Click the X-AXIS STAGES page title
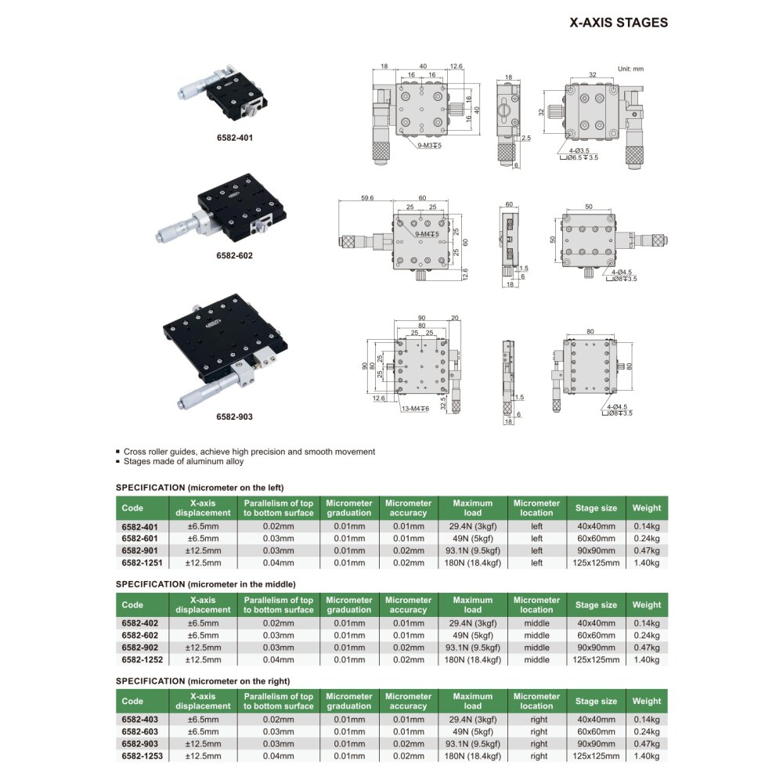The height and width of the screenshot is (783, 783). pyautogui.click(x=619, y=23)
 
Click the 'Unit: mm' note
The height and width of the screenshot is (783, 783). pyautogui.click(x=630, y=69)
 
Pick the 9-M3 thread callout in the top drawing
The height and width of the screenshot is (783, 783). pyautogui.click(x=429, y=146)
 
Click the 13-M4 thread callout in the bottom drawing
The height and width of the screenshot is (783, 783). pyautogui.click(x=416, y=408)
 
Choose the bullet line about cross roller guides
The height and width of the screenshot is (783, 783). pyautogui.click(x=249, y=451)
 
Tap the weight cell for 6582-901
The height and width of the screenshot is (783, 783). pyautogui.click(x=646, y=550)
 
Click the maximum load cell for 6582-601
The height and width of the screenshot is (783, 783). pyautogui.click(x=472, y=539)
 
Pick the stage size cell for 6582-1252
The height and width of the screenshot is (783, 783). pyautogui.click(x=597, y=659)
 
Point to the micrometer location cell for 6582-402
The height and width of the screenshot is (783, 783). pyautogui.click(x=536, y=623)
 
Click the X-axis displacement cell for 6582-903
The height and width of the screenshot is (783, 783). pyautogui.click(x=203, y=744)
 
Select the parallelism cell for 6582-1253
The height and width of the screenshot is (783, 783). pyautogui.click(x=278, y=756)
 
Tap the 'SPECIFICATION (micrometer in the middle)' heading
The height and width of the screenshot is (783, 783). pyautogui.click(x=206, y=584)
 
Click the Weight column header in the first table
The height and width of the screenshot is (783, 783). pyautogui.click(x=646, y=507)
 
